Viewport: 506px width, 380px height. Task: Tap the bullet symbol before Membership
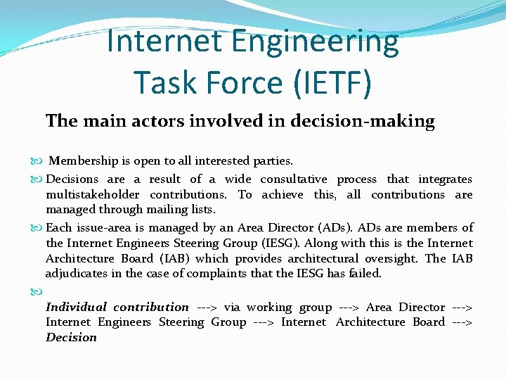[37, 162]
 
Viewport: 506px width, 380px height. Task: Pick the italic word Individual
[76, 307]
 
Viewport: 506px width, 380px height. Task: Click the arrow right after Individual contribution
[207, 307]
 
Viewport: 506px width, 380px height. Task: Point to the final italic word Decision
[71, 337]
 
